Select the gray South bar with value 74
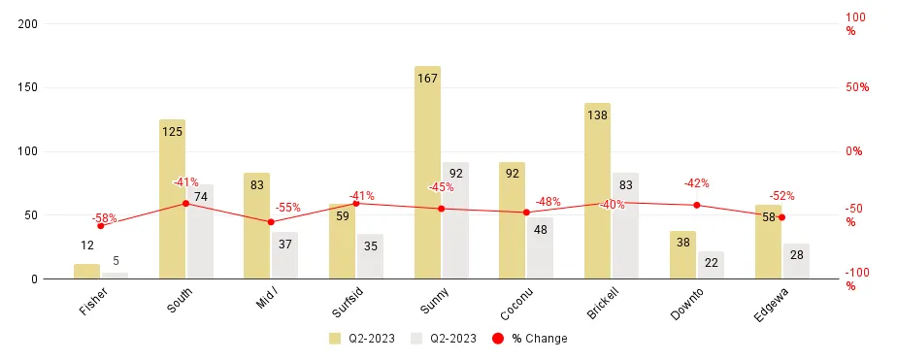[x=200, y=232]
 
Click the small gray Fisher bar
[x=115, y=276]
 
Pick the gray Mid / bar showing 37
[x=284, y=256]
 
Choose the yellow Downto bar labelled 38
[x=682, y=255]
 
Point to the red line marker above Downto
[x=696, y=205]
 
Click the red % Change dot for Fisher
[x=100, y=225]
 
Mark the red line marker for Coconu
[x=526, y=213]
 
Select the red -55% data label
[x=287, y=208]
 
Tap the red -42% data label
[x=696, y=183]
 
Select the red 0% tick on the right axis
[x=853, y=151]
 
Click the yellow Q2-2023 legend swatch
[x=334, y=339]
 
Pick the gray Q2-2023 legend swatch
[x=417, y=339]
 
